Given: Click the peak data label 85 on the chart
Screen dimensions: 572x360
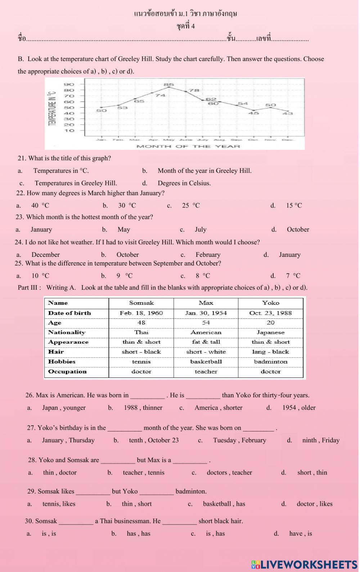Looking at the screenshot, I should click(168, 85).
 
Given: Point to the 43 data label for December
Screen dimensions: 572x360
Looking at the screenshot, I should click(287, 113).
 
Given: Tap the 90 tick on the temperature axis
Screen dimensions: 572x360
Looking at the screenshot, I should click(69, 84).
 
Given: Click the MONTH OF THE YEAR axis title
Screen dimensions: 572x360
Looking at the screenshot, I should click(188, 146).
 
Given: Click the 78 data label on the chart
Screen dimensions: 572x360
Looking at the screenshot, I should click(194, 90).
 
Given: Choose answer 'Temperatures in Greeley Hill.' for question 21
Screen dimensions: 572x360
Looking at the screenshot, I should click(76, 183).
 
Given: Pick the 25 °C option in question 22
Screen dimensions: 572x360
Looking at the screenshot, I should click(190, 206).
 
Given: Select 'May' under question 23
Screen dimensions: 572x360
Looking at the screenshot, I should click(123, 229).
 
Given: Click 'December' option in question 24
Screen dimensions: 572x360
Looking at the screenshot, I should click(45, 255).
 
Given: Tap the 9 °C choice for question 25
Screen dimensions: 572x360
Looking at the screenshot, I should click(124, 276).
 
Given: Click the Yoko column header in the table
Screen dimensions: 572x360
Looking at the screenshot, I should click(270, 303).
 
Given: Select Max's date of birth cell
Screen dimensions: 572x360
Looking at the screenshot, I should click(206, 313).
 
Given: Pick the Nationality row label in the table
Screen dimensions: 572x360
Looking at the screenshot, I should click(67, 332).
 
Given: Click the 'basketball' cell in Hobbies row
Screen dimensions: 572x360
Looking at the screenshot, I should click(206, 362).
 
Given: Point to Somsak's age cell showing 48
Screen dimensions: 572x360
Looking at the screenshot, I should click(141, 323).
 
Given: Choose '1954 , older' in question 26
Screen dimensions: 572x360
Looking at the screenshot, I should click(298, 408).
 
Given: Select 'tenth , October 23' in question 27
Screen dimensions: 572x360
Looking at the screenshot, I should click(154, 440).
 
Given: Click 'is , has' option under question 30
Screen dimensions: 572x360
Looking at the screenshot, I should click(215, 533).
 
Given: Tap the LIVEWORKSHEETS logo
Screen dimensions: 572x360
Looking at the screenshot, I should click(304, 564).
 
